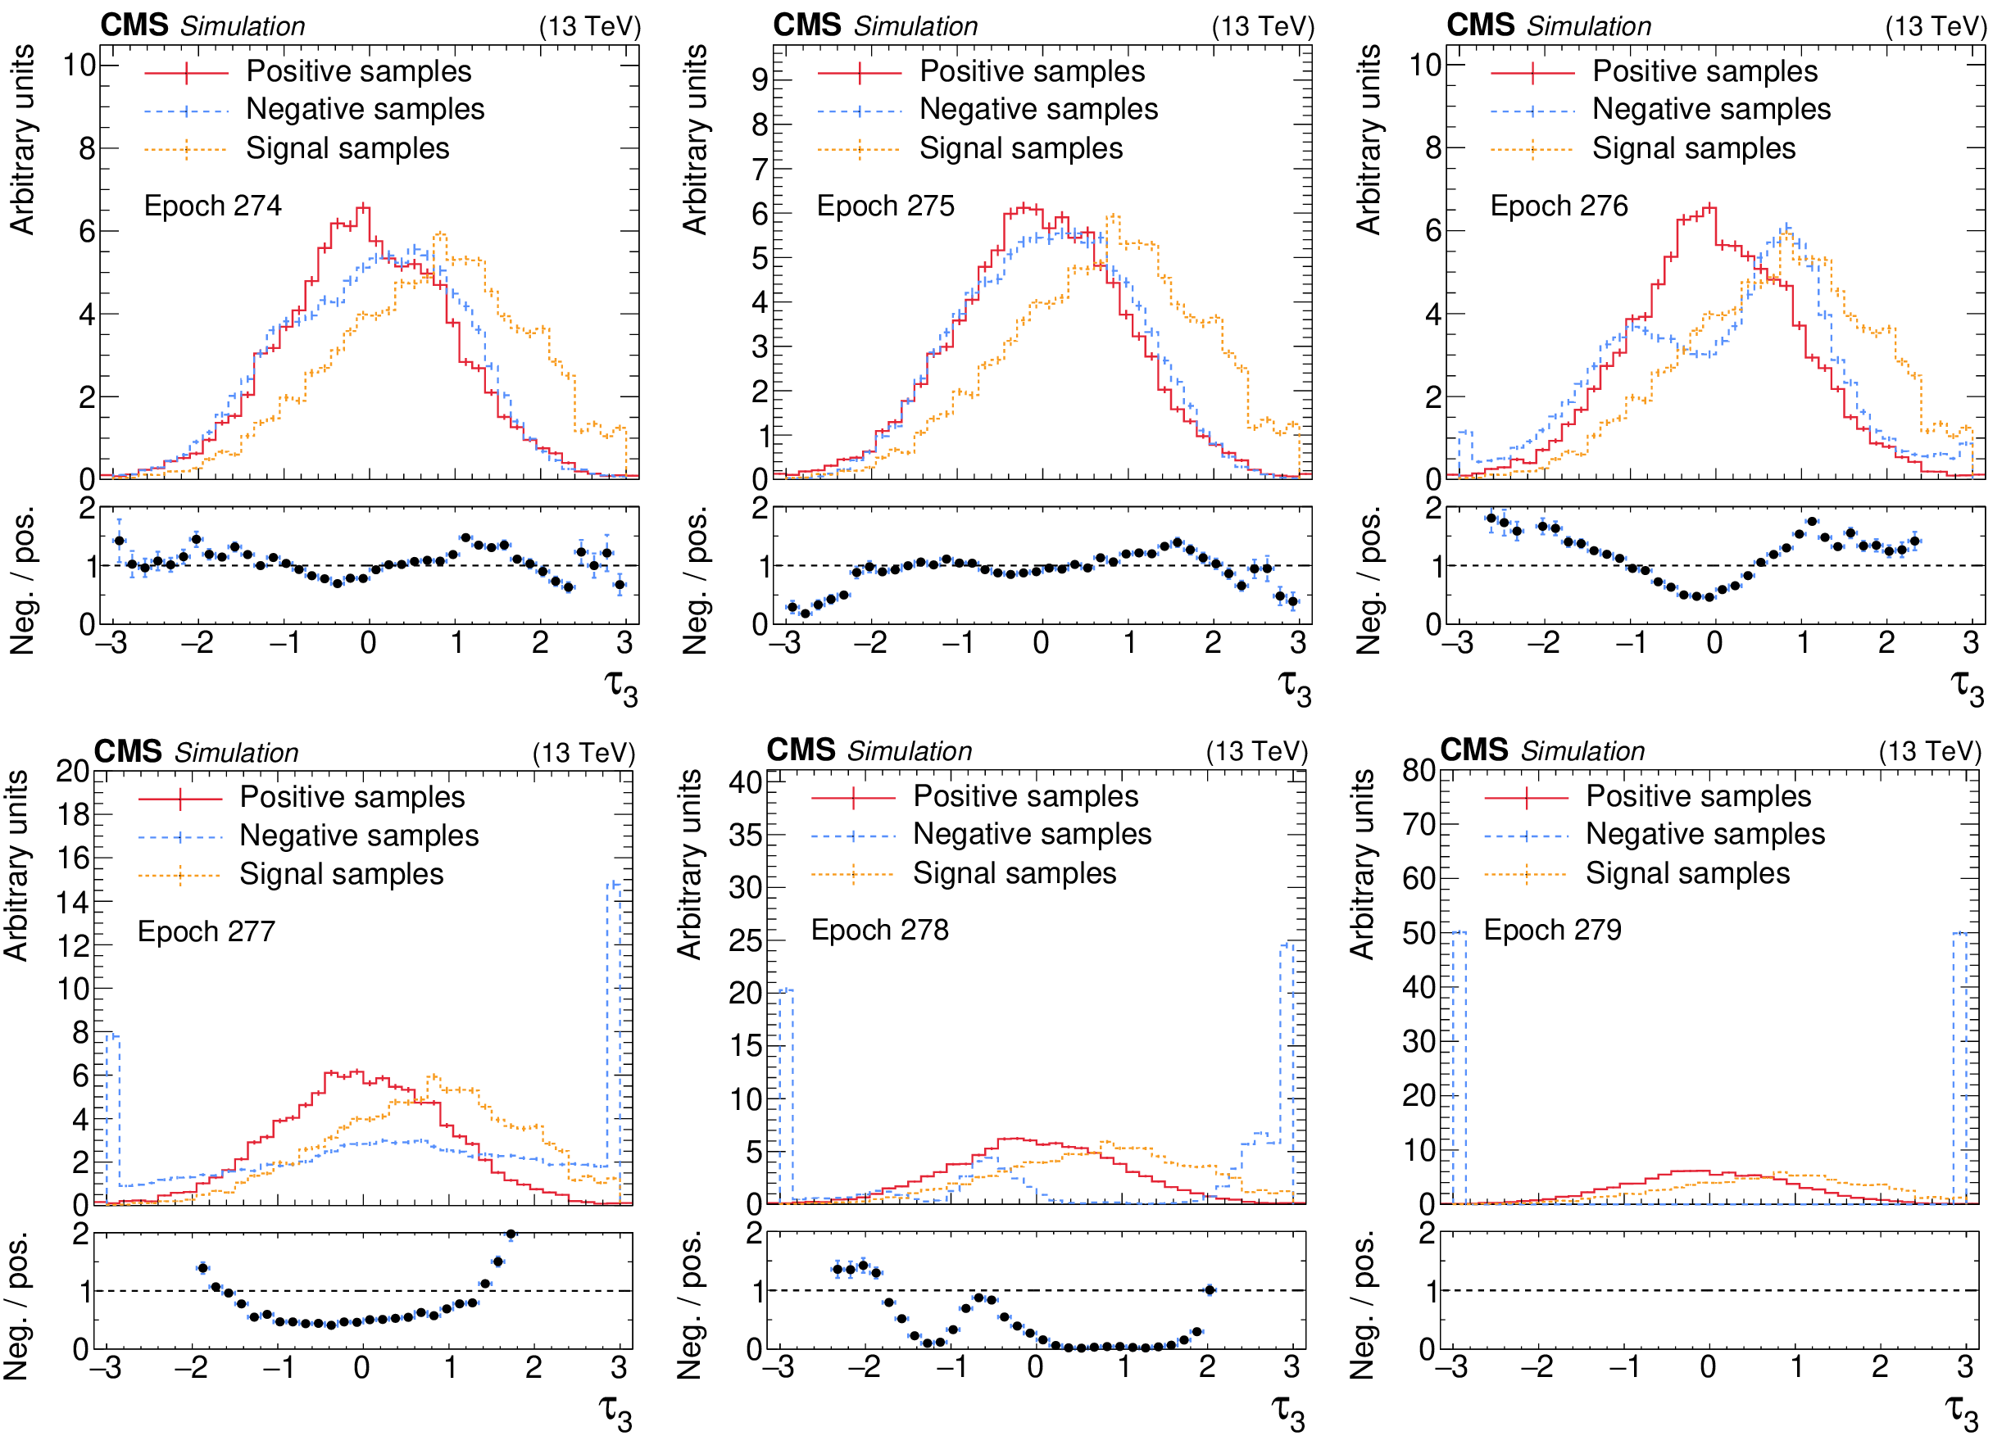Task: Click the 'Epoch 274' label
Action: click(x=212, y=206)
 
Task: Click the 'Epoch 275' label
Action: click(x=885, y=206)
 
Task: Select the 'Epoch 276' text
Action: click(x=1559, y=206)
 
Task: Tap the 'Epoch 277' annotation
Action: click(x=206, y=931)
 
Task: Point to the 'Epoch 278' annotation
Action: click(x=879, y=929)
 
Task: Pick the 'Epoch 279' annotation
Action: click(x=1553, y=929)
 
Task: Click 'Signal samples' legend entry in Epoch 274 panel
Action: click(x=347, y=148)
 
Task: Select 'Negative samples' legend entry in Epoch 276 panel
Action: click(x=1710, y=109)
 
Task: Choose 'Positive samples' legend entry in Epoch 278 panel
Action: click(x=1025, y=795)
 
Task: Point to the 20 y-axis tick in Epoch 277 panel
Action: click(x=73, y=770)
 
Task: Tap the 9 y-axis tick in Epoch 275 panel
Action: click(x=760, y=79)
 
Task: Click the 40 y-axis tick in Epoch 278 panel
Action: click(x=745, y=782)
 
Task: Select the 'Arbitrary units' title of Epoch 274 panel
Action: click(x=22, y=139)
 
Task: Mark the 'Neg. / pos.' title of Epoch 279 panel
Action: click(x=1363, y=1304)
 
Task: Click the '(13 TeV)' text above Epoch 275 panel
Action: click(x=1262, y=26)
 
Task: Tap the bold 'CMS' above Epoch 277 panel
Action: click(x=128, y=751)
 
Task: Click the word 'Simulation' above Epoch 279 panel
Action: click(x=1582, y=751)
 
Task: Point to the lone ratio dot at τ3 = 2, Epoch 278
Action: click(x=1210, y=1290)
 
